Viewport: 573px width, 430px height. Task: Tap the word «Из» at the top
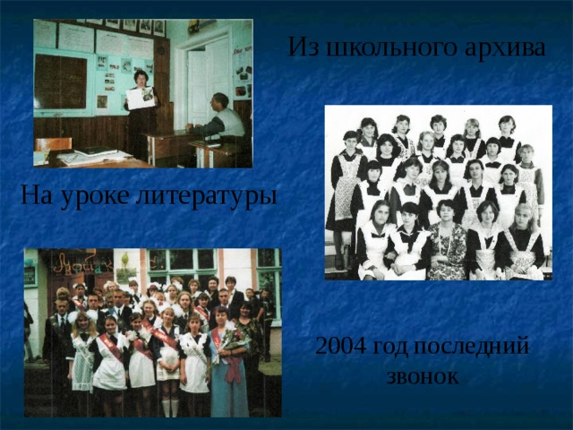(303, 47)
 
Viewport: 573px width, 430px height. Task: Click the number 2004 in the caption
(341, 347)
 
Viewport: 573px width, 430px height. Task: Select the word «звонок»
(423, 376)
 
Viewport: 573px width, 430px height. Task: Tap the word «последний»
(479, 347)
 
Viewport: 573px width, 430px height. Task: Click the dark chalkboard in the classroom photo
(60, 81)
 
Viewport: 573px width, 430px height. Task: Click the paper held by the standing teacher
(141, 97)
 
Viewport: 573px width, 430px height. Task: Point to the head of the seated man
(218, 100)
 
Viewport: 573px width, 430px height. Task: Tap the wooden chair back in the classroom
(54, 145)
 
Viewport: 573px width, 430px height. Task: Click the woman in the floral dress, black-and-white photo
(445, 242)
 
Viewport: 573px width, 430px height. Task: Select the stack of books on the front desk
(90, 157)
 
